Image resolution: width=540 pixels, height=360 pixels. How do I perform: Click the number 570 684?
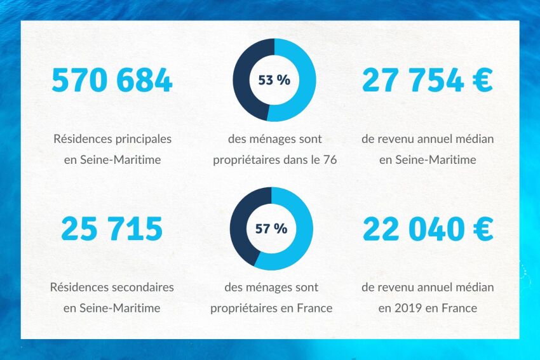tap(112, 81)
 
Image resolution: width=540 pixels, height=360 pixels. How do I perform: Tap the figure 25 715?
tap(112, 229)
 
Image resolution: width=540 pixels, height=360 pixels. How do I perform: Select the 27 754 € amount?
tap(427, 81)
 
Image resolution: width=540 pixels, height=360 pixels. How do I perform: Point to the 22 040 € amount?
tap(427, 229)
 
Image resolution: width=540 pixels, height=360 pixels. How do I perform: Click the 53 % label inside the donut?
tap(274, 80)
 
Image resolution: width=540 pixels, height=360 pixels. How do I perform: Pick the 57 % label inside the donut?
tap(271, 229)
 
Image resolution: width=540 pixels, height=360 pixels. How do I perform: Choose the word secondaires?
tap(143, 287)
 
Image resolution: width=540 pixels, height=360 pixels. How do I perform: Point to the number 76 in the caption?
tap(330, 159)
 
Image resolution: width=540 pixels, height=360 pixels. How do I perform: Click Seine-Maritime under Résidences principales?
tap(120, 159)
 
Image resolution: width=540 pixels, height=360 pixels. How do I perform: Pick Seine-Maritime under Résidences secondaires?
tap(120, 308)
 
